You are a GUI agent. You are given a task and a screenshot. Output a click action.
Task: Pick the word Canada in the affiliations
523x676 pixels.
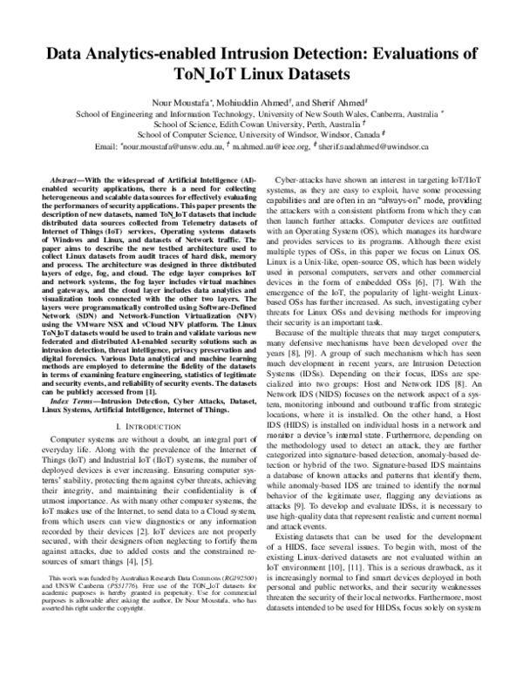click(353, 136)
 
